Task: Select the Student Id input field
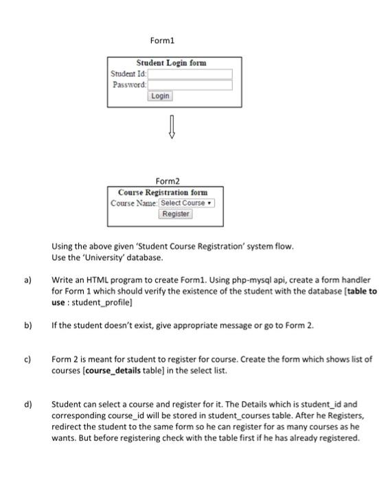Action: coord(190,74)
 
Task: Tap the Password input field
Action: coord(190,85)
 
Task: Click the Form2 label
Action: coord(167,181)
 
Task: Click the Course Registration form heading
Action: coord(163,192)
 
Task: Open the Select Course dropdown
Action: coord(187,203)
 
